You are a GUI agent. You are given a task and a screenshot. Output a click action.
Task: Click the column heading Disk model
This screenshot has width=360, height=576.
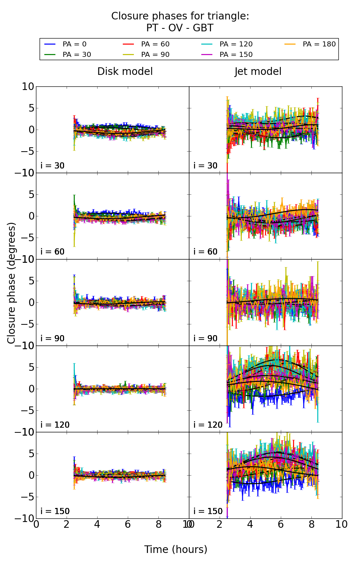(125, 72)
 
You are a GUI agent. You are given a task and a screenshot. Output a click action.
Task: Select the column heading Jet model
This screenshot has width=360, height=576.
(258, 72)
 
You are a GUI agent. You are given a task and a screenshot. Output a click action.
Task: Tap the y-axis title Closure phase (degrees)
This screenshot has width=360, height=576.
(12, 283)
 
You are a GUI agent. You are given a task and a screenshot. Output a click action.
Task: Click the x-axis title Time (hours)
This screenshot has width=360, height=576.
(176, 550)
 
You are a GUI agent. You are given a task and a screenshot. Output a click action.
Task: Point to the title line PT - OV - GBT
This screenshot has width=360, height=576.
(180, 28)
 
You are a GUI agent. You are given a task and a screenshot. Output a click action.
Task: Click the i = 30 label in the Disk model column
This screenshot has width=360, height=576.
(53, 166)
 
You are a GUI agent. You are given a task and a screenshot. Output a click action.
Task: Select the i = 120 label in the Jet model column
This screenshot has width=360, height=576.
(208, 425)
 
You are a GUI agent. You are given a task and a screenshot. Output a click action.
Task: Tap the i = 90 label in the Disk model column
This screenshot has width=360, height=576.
(53, 338)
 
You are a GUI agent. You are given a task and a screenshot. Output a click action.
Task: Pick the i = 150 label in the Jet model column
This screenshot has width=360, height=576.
(208, 511)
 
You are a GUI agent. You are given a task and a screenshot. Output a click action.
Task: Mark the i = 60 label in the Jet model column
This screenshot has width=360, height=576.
(206, 252)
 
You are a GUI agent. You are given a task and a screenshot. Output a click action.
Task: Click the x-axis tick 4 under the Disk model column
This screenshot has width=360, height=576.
(97, 525)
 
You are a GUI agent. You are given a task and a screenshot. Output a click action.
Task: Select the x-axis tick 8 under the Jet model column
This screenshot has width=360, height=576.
(311, 525)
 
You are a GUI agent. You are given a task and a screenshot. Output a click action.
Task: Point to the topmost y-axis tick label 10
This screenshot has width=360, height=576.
(28, 87)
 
